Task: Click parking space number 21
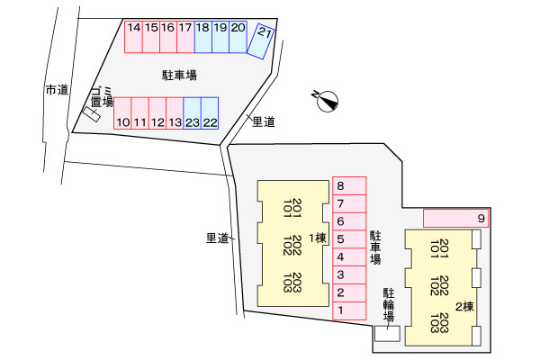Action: coord(261,41)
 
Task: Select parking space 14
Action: coord(133,37)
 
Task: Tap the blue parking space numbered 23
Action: coord(193,113)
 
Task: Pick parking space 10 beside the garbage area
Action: coord(122,113)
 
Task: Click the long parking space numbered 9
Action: coord(455,218)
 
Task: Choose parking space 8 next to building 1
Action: coord(349,186)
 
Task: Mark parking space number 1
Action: coord(349,310)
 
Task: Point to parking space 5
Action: coord(349,239)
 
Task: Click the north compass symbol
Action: coord(327,102)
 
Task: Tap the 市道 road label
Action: coord(58,90)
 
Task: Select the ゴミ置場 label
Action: coord(102,97)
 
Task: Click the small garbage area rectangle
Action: coord(92,114)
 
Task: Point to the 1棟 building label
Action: coord(317,238)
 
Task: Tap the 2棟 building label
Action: coord(465,306)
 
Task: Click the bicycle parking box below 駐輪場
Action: coord(387,334)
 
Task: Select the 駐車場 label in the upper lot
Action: coord(179,75)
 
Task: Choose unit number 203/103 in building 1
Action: coord(292,283)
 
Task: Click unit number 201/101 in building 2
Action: coord(439,248)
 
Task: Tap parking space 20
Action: coord(238,37)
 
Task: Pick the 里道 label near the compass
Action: coord(264,121)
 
